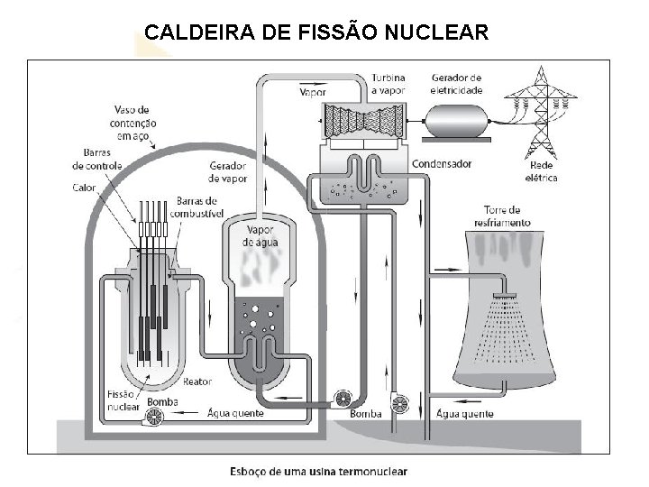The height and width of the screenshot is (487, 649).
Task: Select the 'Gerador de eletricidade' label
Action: [x=457, y=84]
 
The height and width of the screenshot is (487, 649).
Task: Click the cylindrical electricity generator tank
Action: [x=458, y=120]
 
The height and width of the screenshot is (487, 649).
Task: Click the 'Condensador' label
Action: [x=442, y=164]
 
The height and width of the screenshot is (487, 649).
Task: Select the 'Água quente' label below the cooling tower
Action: [x=464, y=414]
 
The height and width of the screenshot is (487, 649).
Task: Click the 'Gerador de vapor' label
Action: [x=227, y=172]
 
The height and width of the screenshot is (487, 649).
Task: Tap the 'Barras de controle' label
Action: [x=90, y=159]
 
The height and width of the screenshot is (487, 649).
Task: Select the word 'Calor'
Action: [x=84, y=188]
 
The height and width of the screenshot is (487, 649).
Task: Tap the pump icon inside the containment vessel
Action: [x=155, y=416]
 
